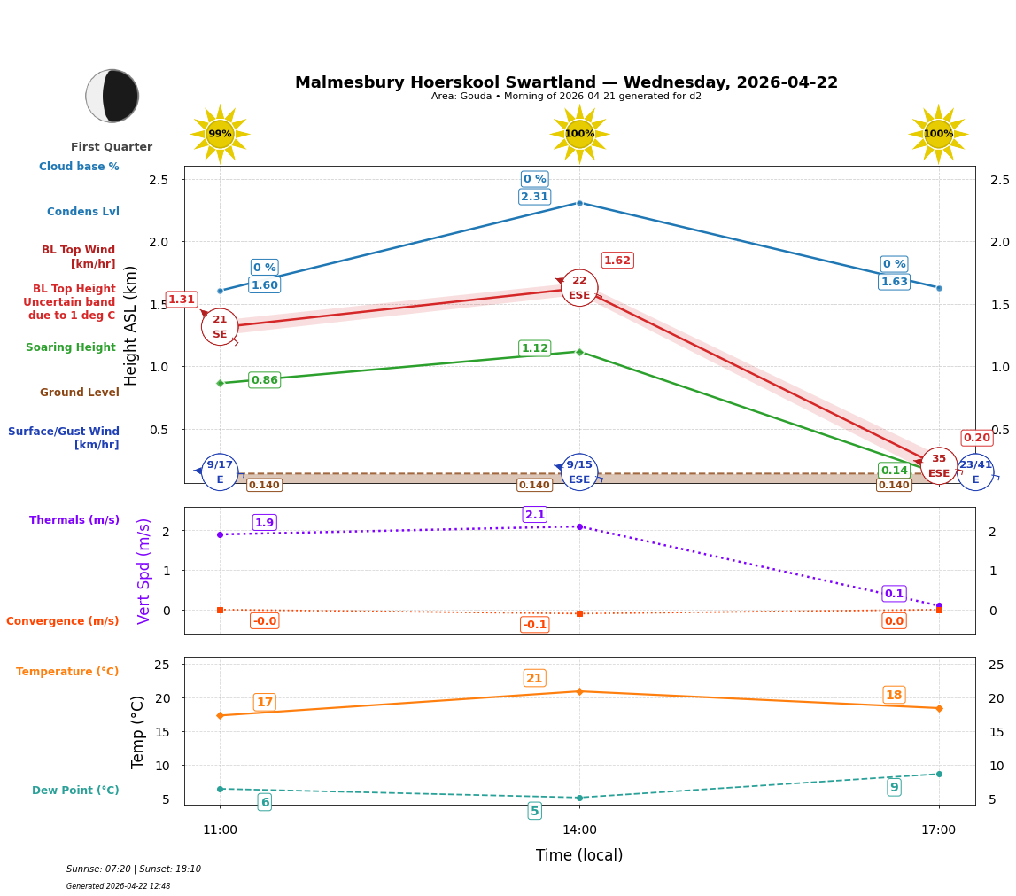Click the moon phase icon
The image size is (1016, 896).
click(x=112, y=96)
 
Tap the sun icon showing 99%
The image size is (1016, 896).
click(x=220, y=134)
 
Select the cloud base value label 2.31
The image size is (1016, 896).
click(x=534, y=197)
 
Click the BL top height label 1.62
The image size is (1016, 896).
click(x=617, y=261)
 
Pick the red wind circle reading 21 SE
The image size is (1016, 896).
click(x=220, y=326)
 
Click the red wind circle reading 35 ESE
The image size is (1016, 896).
click(x=938, y=465)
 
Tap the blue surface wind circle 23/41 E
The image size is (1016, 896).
click(x=975, y=471)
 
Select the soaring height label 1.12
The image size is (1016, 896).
click(x=534, y=348)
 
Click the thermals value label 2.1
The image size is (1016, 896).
click(x=534, y=515)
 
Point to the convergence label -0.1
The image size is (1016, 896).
click(x=534, y=625)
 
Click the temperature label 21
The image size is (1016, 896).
click(x=534, y=679)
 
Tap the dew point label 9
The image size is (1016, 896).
click(x=894, y=787)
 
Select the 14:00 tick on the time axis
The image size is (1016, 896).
click(x=579, y=830)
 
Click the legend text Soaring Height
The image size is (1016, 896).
click(x=71, y=347)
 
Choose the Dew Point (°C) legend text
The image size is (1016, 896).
click(x=75, y=791)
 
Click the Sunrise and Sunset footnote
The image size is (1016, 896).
click(x=134, y=869)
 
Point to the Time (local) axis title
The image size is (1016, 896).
click(x=579, y=855)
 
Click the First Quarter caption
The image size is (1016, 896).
click(x=112, y=147)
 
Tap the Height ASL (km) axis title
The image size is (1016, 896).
click(x=131, y=325)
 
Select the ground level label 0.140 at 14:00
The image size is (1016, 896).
click(x=534, y=485)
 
